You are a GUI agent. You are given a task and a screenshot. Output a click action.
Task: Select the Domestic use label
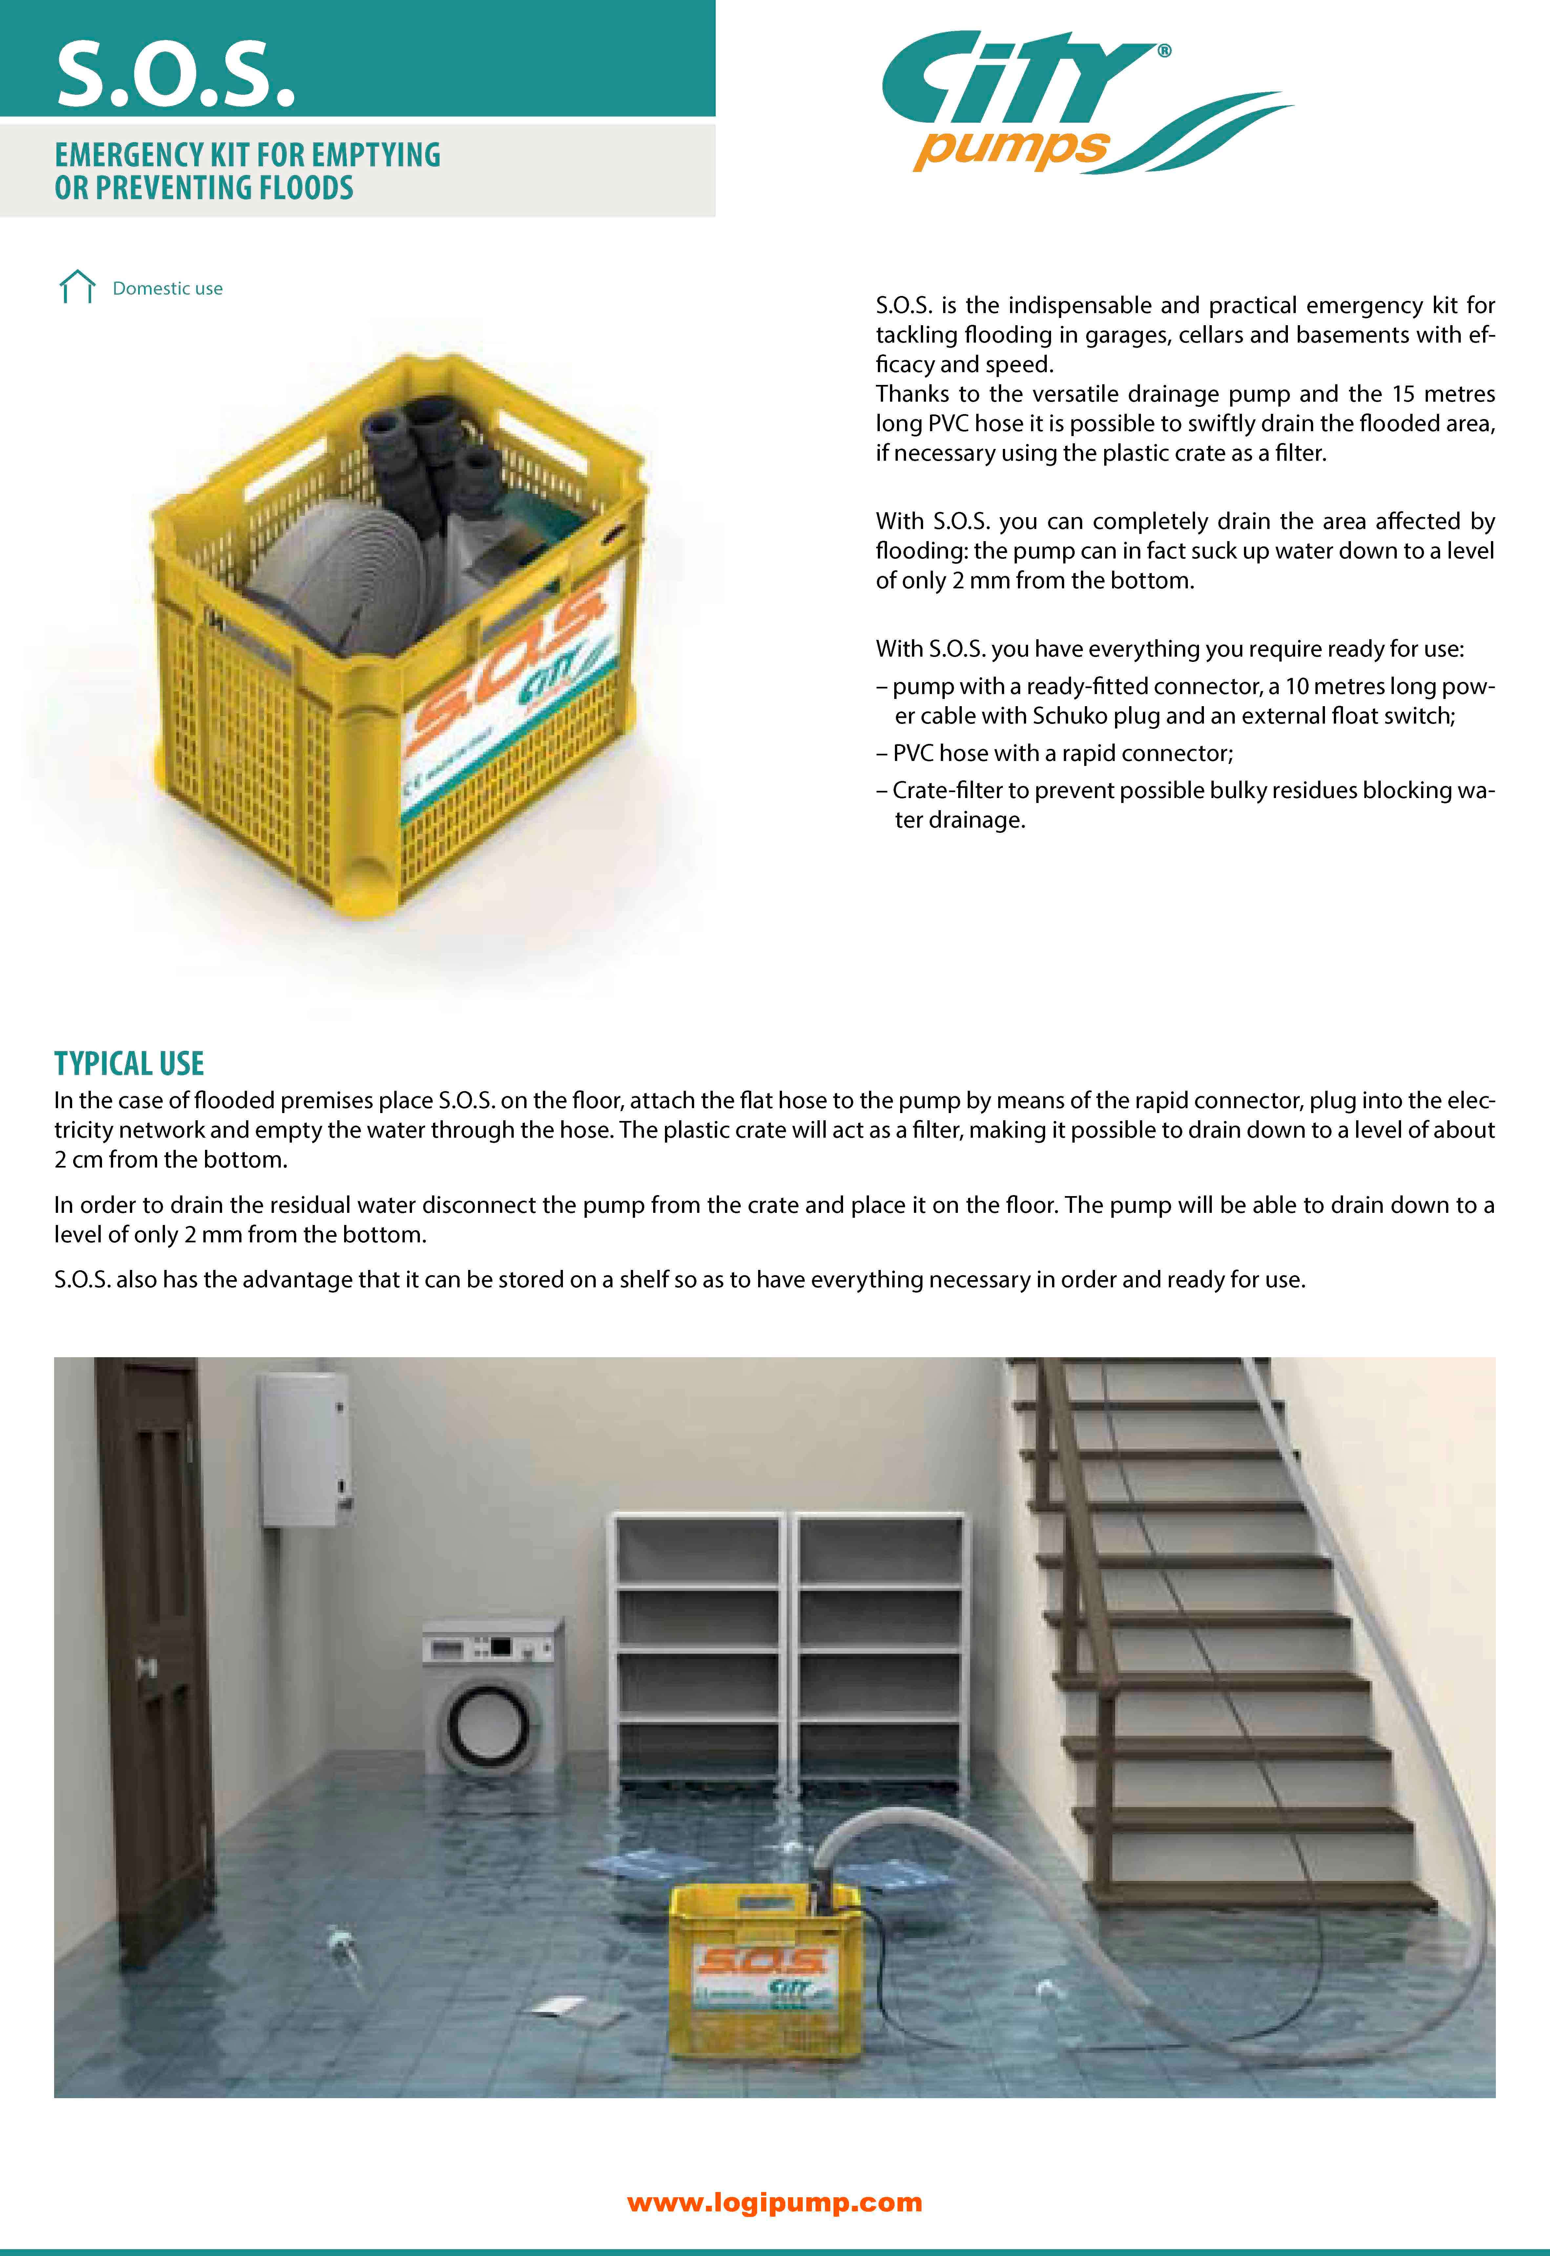tap(167, 288)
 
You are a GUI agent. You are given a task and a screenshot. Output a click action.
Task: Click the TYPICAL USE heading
tap(129, 1064)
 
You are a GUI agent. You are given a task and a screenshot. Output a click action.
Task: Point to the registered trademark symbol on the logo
tap(1164, 51)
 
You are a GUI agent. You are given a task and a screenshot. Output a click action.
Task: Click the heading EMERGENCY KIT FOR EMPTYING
tap(248, 156)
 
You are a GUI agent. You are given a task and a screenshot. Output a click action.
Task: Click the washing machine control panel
tap(490, 1647)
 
